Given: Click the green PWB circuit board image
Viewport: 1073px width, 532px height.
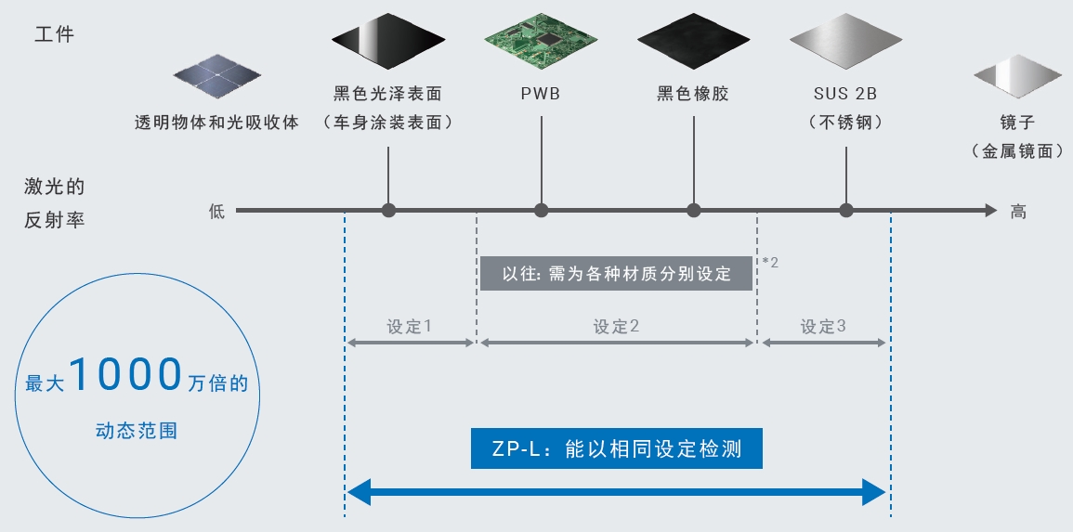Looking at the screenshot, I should pyautogui.click(x=541, y=42).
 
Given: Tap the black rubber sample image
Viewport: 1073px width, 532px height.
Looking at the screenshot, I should pyautogui.click(x=694, y=42).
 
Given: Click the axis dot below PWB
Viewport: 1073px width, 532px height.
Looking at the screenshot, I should pyautogui.click(x=541, y=211).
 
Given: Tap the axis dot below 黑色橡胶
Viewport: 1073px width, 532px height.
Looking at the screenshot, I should pyautogui.click(x=694, y=211).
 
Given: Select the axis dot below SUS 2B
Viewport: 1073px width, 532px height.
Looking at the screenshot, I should pyautogui.click(x=845, y=211).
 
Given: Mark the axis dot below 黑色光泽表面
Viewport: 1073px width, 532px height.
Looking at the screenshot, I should pyautogui.click(x=388, y=211).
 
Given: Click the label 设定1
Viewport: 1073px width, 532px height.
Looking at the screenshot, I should pyautogui.click(x=410, y=327).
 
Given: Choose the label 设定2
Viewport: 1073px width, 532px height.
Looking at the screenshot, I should pyautogui.click(x=616, y=327).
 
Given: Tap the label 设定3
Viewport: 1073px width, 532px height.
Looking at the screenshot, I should pyautogui.click(x=823, y=327).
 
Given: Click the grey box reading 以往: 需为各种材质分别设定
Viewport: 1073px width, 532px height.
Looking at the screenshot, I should pyautogui.click(x=616, y=273).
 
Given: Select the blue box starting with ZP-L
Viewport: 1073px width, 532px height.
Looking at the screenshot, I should pyautogui.click(x=616, y=449).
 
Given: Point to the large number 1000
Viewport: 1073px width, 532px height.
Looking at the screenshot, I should pyautogui.click(x=124, y=375).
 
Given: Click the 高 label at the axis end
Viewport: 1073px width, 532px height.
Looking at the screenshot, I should pyautogui.click(x=1018, y=212).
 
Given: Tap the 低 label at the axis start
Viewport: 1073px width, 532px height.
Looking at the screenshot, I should pyautogui.click(x=216, y=212).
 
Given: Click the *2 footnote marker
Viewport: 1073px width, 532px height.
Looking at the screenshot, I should pyautogui.click(x=770, y=263).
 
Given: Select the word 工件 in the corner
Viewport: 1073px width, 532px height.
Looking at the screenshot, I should pyautogui.click(x=54, y=35).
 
